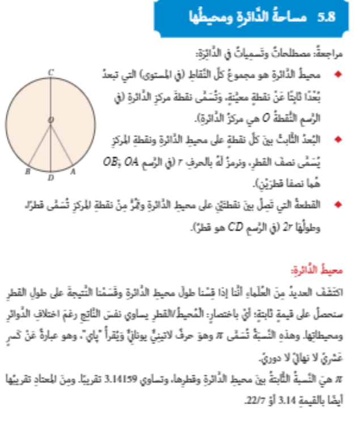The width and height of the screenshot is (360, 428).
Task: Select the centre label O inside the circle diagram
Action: [50, 120]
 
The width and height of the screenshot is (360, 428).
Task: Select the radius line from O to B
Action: [40, 144]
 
